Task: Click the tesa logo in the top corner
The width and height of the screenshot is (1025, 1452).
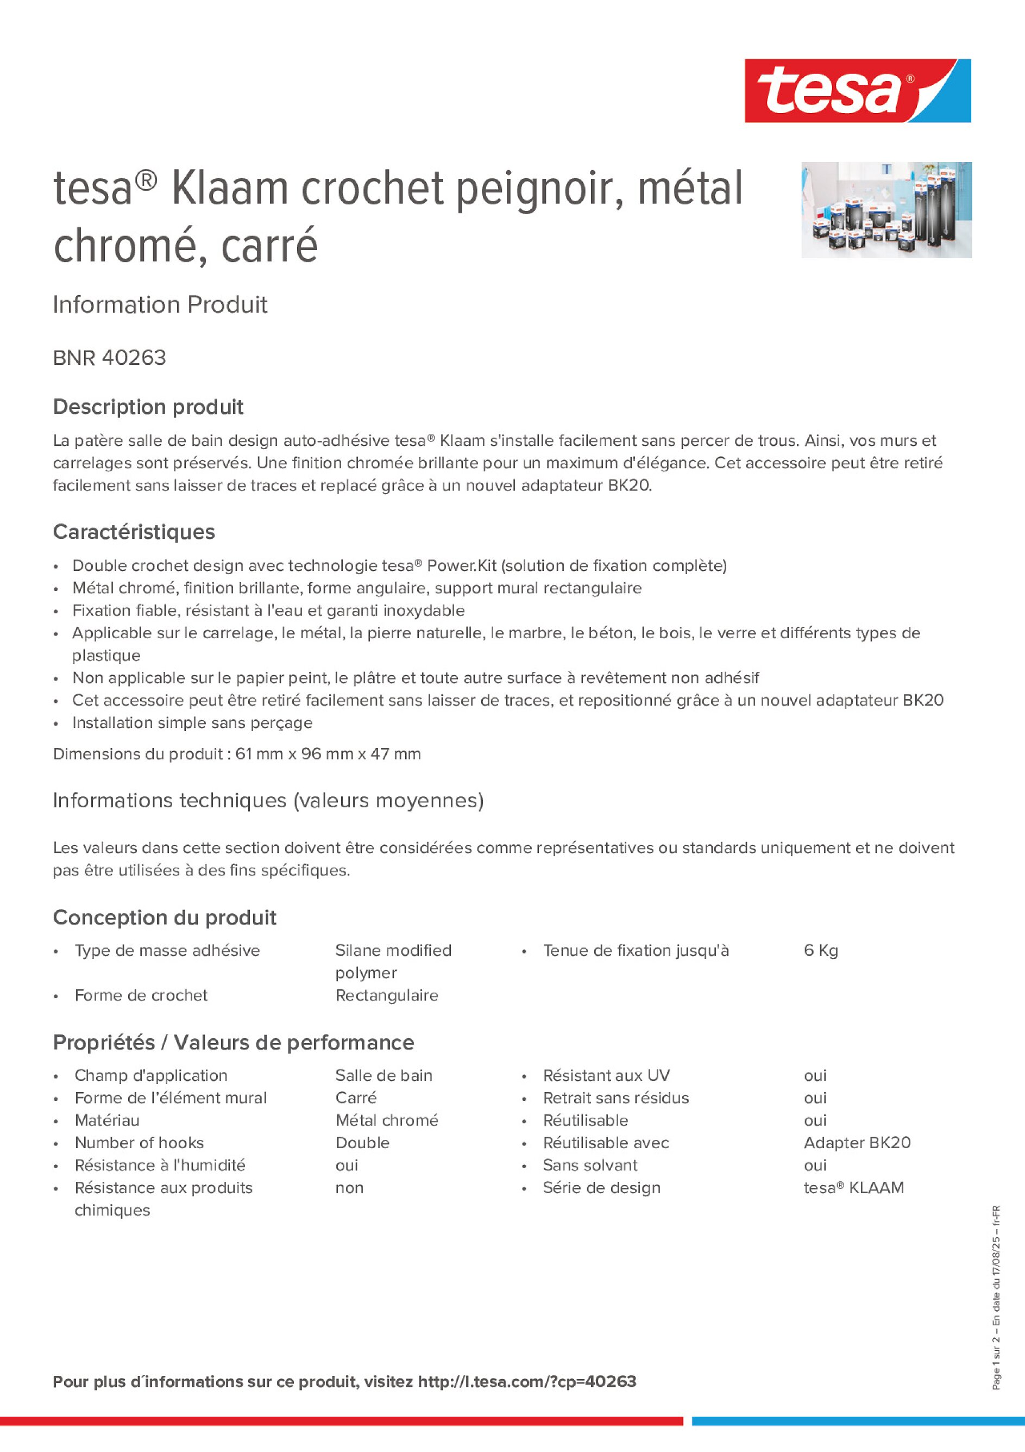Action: coord(857,90)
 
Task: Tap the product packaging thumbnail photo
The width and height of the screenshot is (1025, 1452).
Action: coord(886,210)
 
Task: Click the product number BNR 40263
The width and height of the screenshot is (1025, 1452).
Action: coord(109,358)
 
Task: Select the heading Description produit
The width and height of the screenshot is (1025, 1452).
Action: coord(148,407)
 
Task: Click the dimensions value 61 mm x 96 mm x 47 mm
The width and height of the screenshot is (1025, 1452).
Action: coord(328,754)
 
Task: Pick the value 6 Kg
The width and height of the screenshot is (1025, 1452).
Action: coord(820,950)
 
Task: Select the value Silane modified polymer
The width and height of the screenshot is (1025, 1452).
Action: coord(393,961)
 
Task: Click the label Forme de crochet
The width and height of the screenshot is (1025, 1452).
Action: coord(141,995)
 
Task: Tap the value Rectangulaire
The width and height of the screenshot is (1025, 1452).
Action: coord(387,995)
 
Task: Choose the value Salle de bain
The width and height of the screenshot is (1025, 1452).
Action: coord(383,1075)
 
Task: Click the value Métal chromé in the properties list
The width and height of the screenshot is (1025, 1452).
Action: coord(387,1120)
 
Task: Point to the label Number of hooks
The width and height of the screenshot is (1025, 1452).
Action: coord(139,1142)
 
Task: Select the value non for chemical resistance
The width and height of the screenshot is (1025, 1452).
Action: coord(349,1187)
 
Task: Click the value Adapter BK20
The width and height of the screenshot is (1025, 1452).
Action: coord(857,1142)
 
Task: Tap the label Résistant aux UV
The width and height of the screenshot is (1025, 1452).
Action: coord(606,1075)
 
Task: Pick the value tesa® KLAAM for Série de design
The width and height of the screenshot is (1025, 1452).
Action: coord(854,1187)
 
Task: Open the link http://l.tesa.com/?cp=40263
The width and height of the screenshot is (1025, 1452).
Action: coord(527,1381)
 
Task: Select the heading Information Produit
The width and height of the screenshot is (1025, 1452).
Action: coord(160,305)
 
